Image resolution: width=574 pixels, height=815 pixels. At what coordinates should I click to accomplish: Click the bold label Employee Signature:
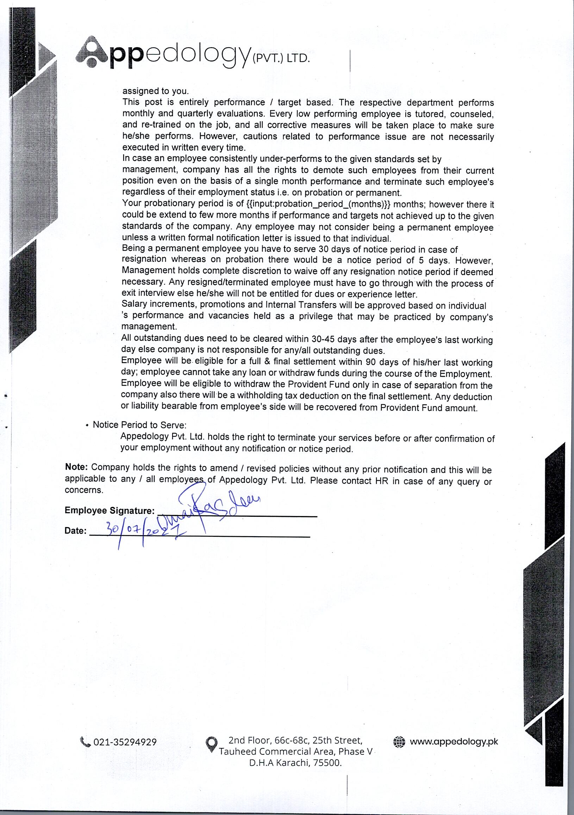click(x=110, y=511)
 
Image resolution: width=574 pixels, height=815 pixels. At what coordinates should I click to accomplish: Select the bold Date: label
click(x=75, y=531)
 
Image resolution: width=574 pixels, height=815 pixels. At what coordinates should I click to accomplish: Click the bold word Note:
click(x=76, y=467)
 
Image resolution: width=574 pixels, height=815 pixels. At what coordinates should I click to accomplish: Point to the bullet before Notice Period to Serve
click(x=87, y=425)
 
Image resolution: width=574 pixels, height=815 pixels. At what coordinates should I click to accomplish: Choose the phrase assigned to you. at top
click(x=156, y=91)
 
